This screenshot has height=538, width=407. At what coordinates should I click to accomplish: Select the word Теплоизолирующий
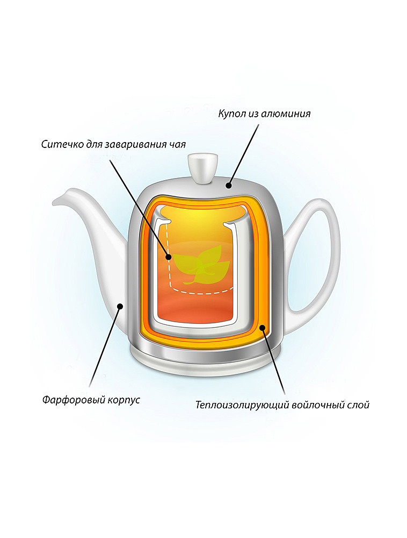(x=242, y=405)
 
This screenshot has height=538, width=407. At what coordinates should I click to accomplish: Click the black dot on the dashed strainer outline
(x=168, y=257)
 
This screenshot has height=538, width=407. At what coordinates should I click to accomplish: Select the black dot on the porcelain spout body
(x=120, y=306)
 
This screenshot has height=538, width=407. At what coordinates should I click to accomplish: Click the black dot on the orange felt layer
(x=262, y=327)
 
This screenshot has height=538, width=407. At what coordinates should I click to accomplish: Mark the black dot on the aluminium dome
(x=229, y=186)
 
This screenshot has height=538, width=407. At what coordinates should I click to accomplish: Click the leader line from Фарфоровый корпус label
(x=105, y=347)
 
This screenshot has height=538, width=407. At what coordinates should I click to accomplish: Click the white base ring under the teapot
(x=205, y=363)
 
